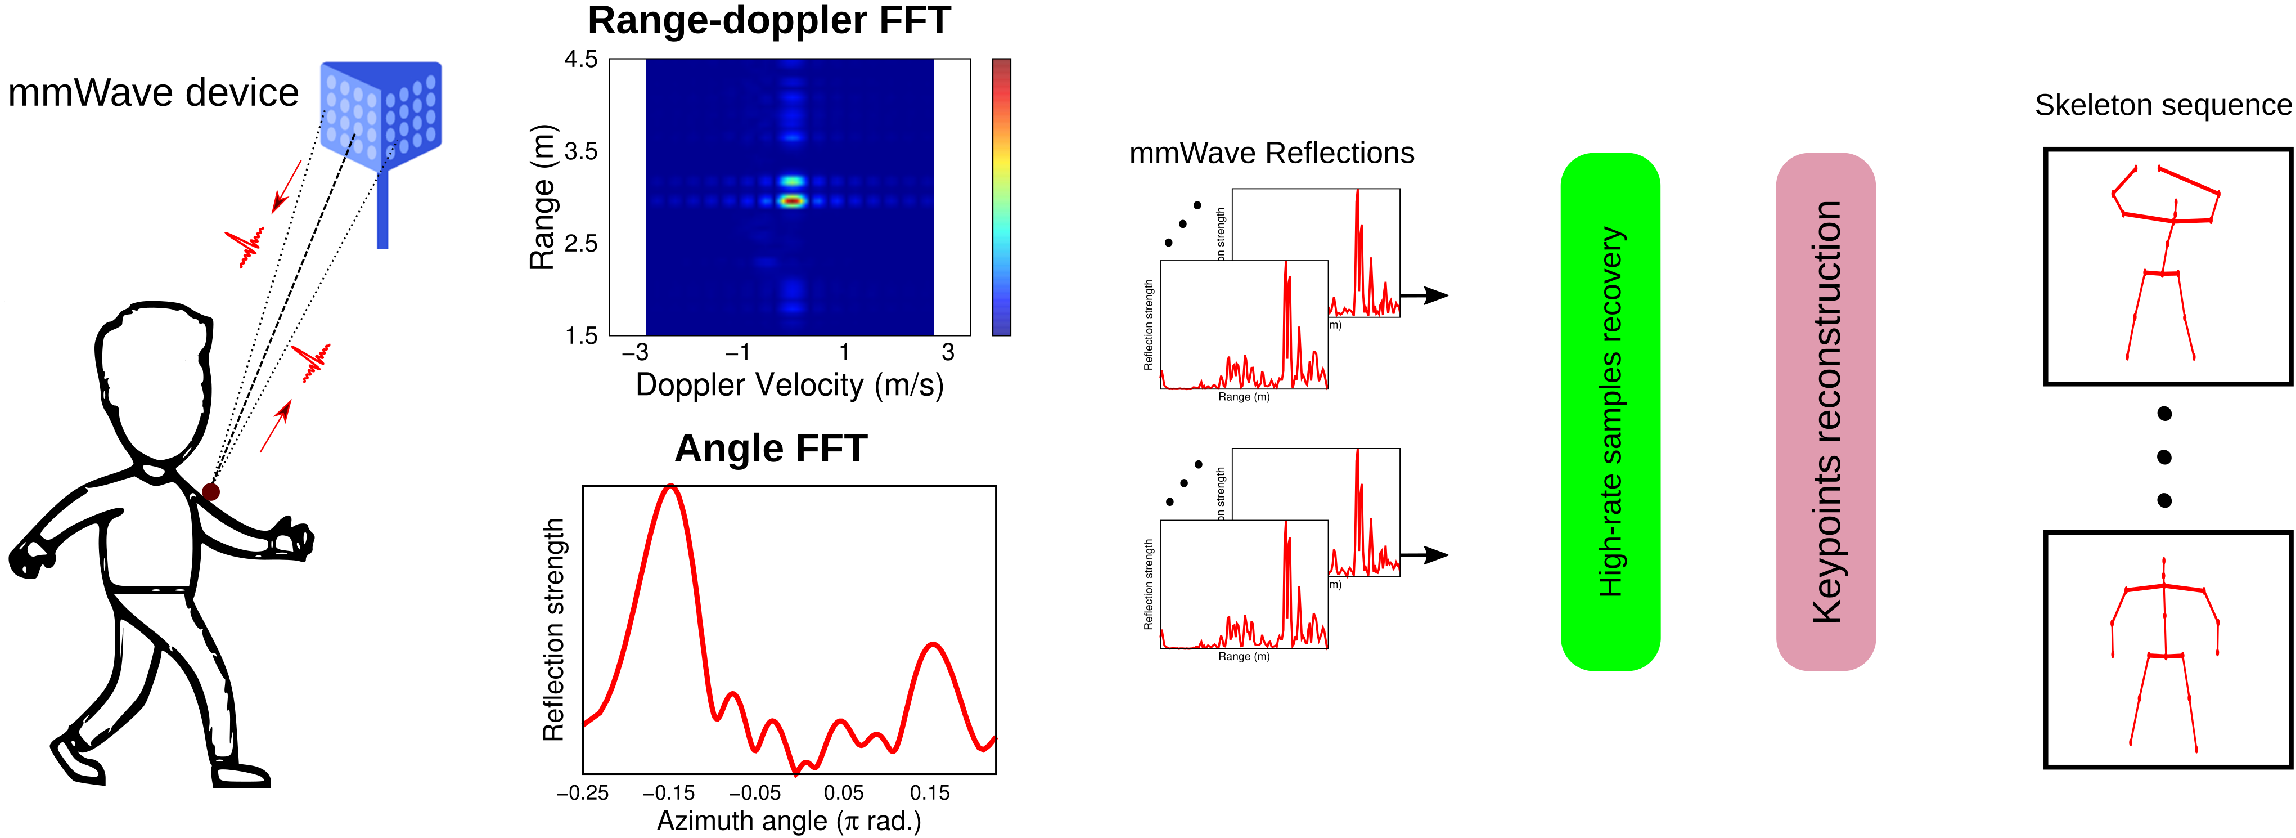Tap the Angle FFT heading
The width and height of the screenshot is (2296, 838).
[771, 449]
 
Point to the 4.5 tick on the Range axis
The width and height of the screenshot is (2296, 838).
[581, 60]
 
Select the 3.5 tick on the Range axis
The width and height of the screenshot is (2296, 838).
[581, 151]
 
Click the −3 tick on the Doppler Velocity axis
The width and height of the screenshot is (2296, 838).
[634, 352]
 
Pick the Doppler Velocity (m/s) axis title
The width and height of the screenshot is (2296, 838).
[789, 385]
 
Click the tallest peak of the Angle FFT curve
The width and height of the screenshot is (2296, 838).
[670, 487]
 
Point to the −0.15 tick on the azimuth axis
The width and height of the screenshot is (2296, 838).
[668, 792]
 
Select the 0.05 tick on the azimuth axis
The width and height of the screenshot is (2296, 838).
[843, 792]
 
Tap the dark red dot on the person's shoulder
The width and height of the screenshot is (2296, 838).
[211, 491]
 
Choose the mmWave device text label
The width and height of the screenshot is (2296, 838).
[154, 93]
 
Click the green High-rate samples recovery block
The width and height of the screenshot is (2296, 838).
[1610, 412]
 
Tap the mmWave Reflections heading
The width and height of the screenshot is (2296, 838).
[1271, 153]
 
